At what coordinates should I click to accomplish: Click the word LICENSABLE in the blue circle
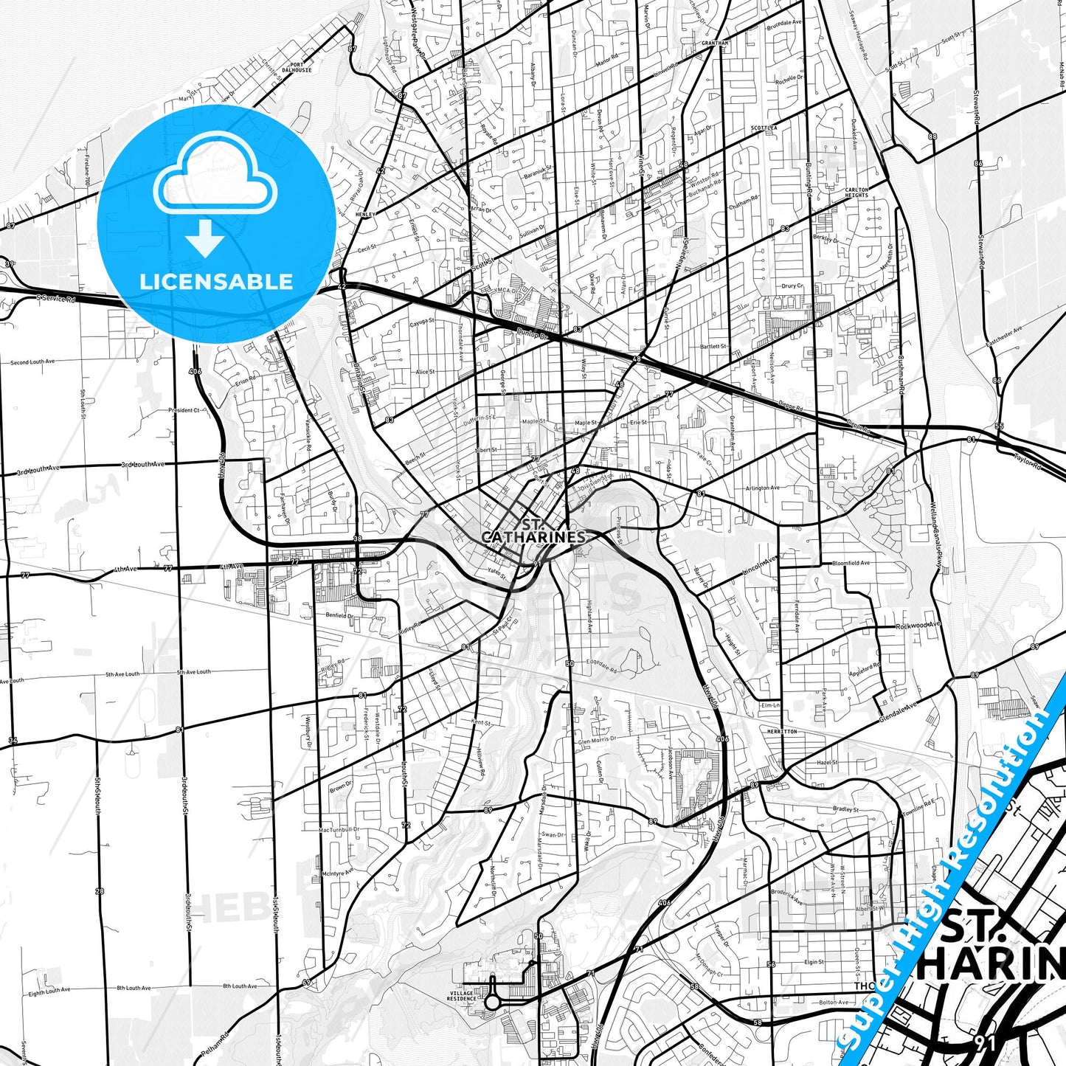click(216, 281)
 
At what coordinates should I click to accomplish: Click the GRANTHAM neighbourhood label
click(715, 44)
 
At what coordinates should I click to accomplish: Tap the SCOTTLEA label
click(764, 128)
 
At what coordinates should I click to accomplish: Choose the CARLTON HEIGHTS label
click(856, 193)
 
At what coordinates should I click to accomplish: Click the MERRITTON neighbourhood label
click(781, 732)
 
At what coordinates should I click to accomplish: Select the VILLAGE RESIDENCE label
click(462, 996)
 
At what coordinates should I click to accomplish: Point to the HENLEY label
click(365, 215)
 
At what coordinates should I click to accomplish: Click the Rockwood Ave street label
click(918, 626)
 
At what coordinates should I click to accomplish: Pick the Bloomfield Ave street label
click(851, 564)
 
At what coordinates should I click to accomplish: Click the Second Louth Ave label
click(32, 362)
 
